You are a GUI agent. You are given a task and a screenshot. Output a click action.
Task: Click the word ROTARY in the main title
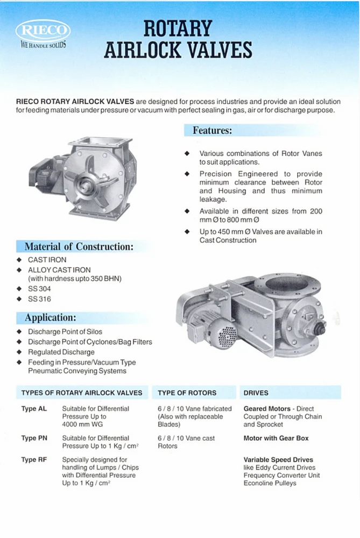pyautogui.click(x=178, y=27)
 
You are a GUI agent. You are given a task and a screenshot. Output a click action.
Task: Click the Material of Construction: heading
pyautogui.click(x=79, y=247)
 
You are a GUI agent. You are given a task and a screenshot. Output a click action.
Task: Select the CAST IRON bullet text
pyautogui.click(x=47, y=260)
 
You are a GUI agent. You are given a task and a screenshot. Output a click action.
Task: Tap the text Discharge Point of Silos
pyautogui.click(x=65, y=332)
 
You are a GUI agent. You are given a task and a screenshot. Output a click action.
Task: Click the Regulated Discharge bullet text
pyautogui.click(x=61, y=352)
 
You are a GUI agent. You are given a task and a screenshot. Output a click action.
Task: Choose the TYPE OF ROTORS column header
pyautogui.click(x=187, y=393)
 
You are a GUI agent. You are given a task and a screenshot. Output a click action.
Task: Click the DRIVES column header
pyautogui.click(x=256, y=393)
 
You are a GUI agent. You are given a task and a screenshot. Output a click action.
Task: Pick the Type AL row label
pyautogui.click(x=34, y=409)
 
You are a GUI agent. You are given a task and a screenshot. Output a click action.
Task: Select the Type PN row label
pyautogui.click(x=34, y=438)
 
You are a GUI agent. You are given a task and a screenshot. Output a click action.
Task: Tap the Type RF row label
pyautogui.click(x=34, y=460)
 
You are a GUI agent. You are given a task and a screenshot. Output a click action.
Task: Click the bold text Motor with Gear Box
pyautogui.click(x=276, y=438)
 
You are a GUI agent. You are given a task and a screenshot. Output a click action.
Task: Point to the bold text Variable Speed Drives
pyautogui.click(x=278, y=460)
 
